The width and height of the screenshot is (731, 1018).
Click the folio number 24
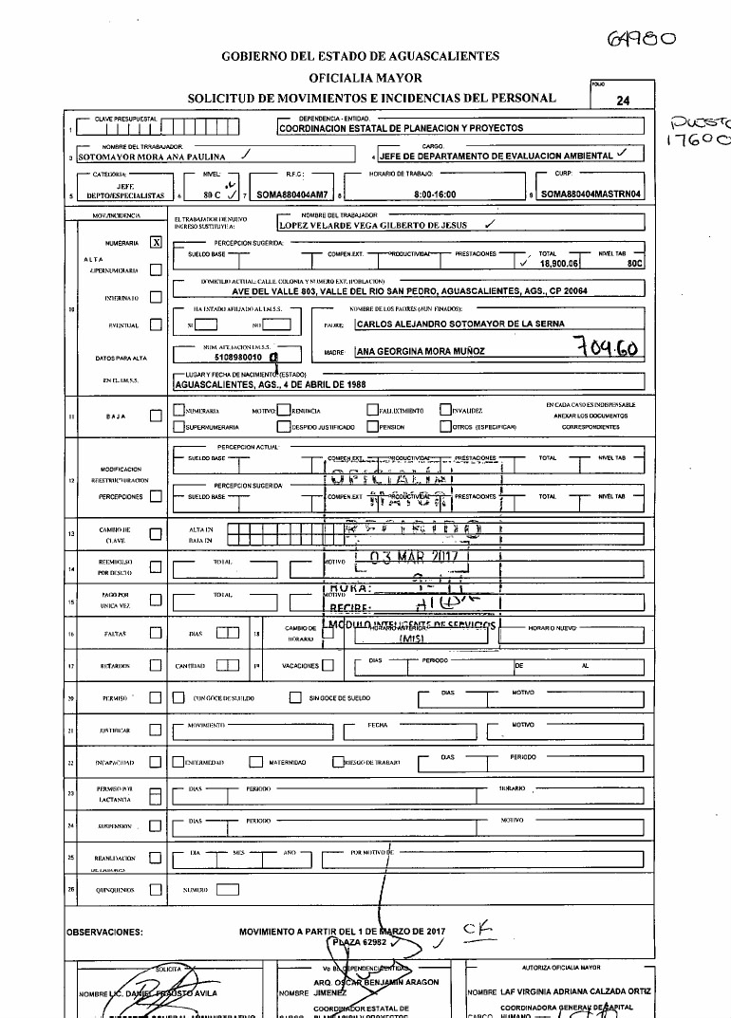click(622, 99)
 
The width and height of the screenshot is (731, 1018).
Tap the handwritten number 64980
click(643, 39)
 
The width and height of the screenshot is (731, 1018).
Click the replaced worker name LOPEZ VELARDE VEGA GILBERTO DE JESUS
click(378, 226)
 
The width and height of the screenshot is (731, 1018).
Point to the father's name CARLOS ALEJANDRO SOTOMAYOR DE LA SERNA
click(459, 324)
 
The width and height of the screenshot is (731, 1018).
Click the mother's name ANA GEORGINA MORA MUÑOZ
click(421, 351)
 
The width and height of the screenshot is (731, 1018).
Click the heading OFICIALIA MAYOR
click(365, 77)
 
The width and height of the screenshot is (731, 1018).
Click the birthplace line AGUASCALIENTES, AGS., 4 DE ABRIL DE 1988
click(271, 387)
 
